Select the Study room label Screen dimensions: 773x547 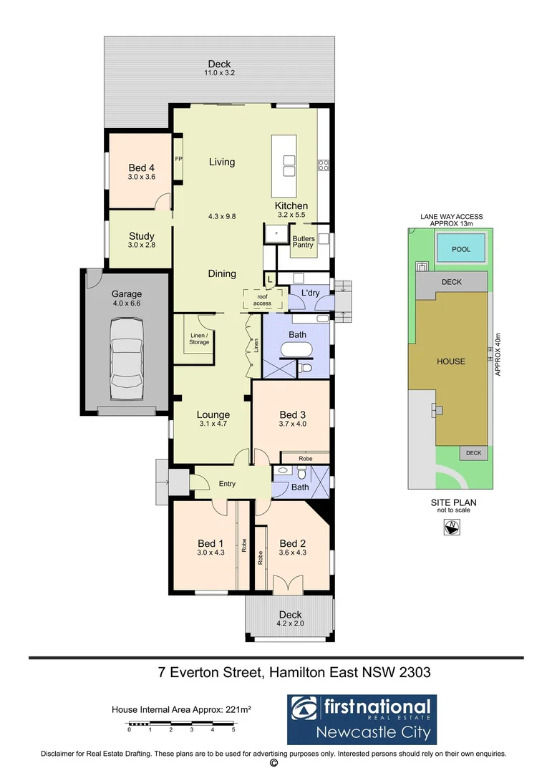pos(142,236)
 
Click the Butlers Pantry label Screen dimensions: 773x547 pos(304,241)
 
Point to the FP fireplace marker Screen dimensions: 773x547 pos(178,159)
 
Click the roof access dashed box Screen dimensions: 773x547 pos(262,299)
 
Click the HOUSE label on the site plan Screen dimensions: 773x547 pos(451,361)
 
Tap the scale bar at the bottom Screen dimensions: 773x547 pos(180,724)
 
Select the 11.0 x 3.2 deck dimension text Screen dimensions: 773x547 pos(219,73)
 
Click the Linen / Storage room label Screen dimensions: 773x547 pos(199,339)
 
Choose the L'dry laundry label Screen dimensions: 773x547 pos(310,293)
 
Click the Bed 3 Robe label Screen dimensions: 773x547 pos(305,457)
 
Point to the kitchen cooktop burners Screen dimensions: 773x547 pos(323,166)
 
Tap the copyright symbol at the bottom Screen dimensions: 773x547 pos(273,763)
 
